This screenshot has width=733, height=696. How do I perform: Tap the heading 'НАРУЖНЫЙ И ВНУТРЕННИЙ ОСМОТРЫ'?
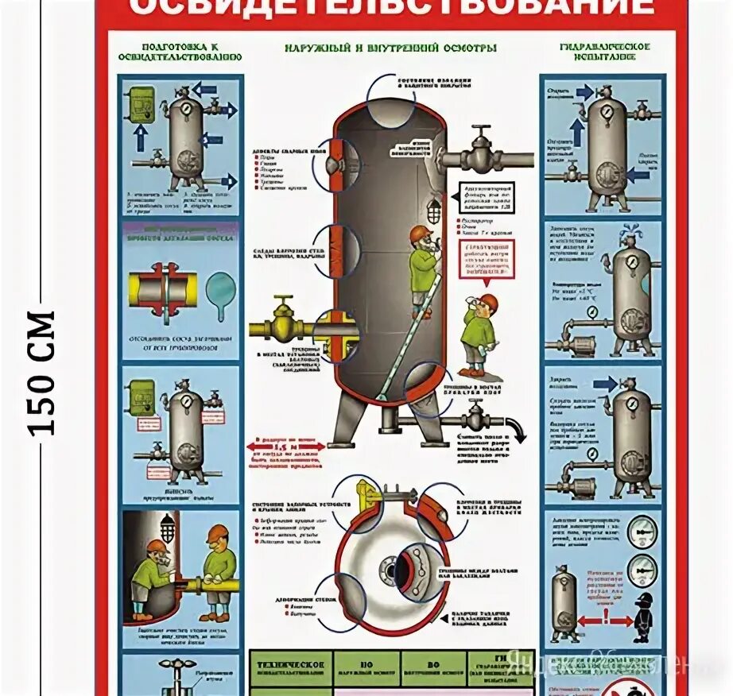point(391,48)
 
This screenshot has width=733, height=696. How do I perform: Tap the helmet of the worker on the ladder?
point(421,232)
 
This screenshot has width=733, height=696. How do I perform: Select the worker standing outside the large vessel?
point(479,334)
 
